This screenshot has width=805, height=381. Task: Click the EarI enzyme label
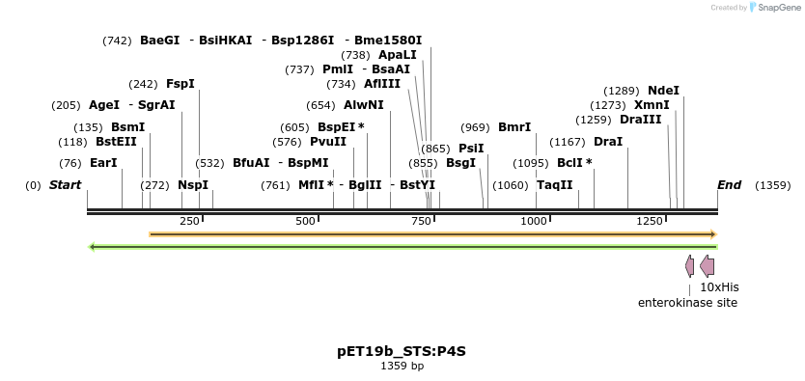pos(102,163)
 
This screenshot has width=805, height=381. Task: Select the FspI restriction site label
pos(180,84)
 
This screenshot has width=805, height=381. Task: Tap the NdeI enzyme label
pos(663,91)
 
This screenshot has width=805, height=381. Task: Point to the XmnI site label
pos(652,105)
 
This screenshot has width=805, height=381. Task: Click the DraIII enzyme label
pos(640,120)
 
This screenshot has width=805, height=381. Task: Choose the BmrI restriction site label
pos(514,127)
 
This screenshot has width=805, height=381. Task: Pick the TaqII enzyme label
pos(554,185)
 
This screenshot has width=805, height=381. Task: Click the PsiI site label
pos(471,149)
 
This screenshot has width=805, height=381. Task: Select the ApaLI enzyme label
pos(398,55)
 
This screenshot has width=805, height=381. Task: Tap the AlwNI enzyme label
pos(363,105)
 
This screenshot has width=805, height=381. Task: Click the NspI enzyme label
pos(192,185)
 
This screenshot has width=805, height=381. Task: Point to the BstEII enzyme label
pos(116,142)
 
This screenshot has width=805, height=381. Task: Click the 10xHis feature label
pos(719,286)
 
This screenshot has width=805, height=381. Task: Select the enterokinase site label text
pos(687,303)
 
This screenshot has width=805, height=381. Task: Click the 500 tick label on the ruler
pos(306,222)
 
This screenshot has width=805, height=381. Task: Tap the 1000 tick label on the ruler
pos(534,222)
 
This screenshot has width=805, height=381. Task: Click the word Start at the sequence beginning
pos(65,185)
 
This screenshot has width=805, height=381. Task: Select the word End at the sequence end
pos(729,185)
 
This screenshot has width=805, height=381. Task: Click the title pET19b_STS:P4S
pos(402,351)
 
